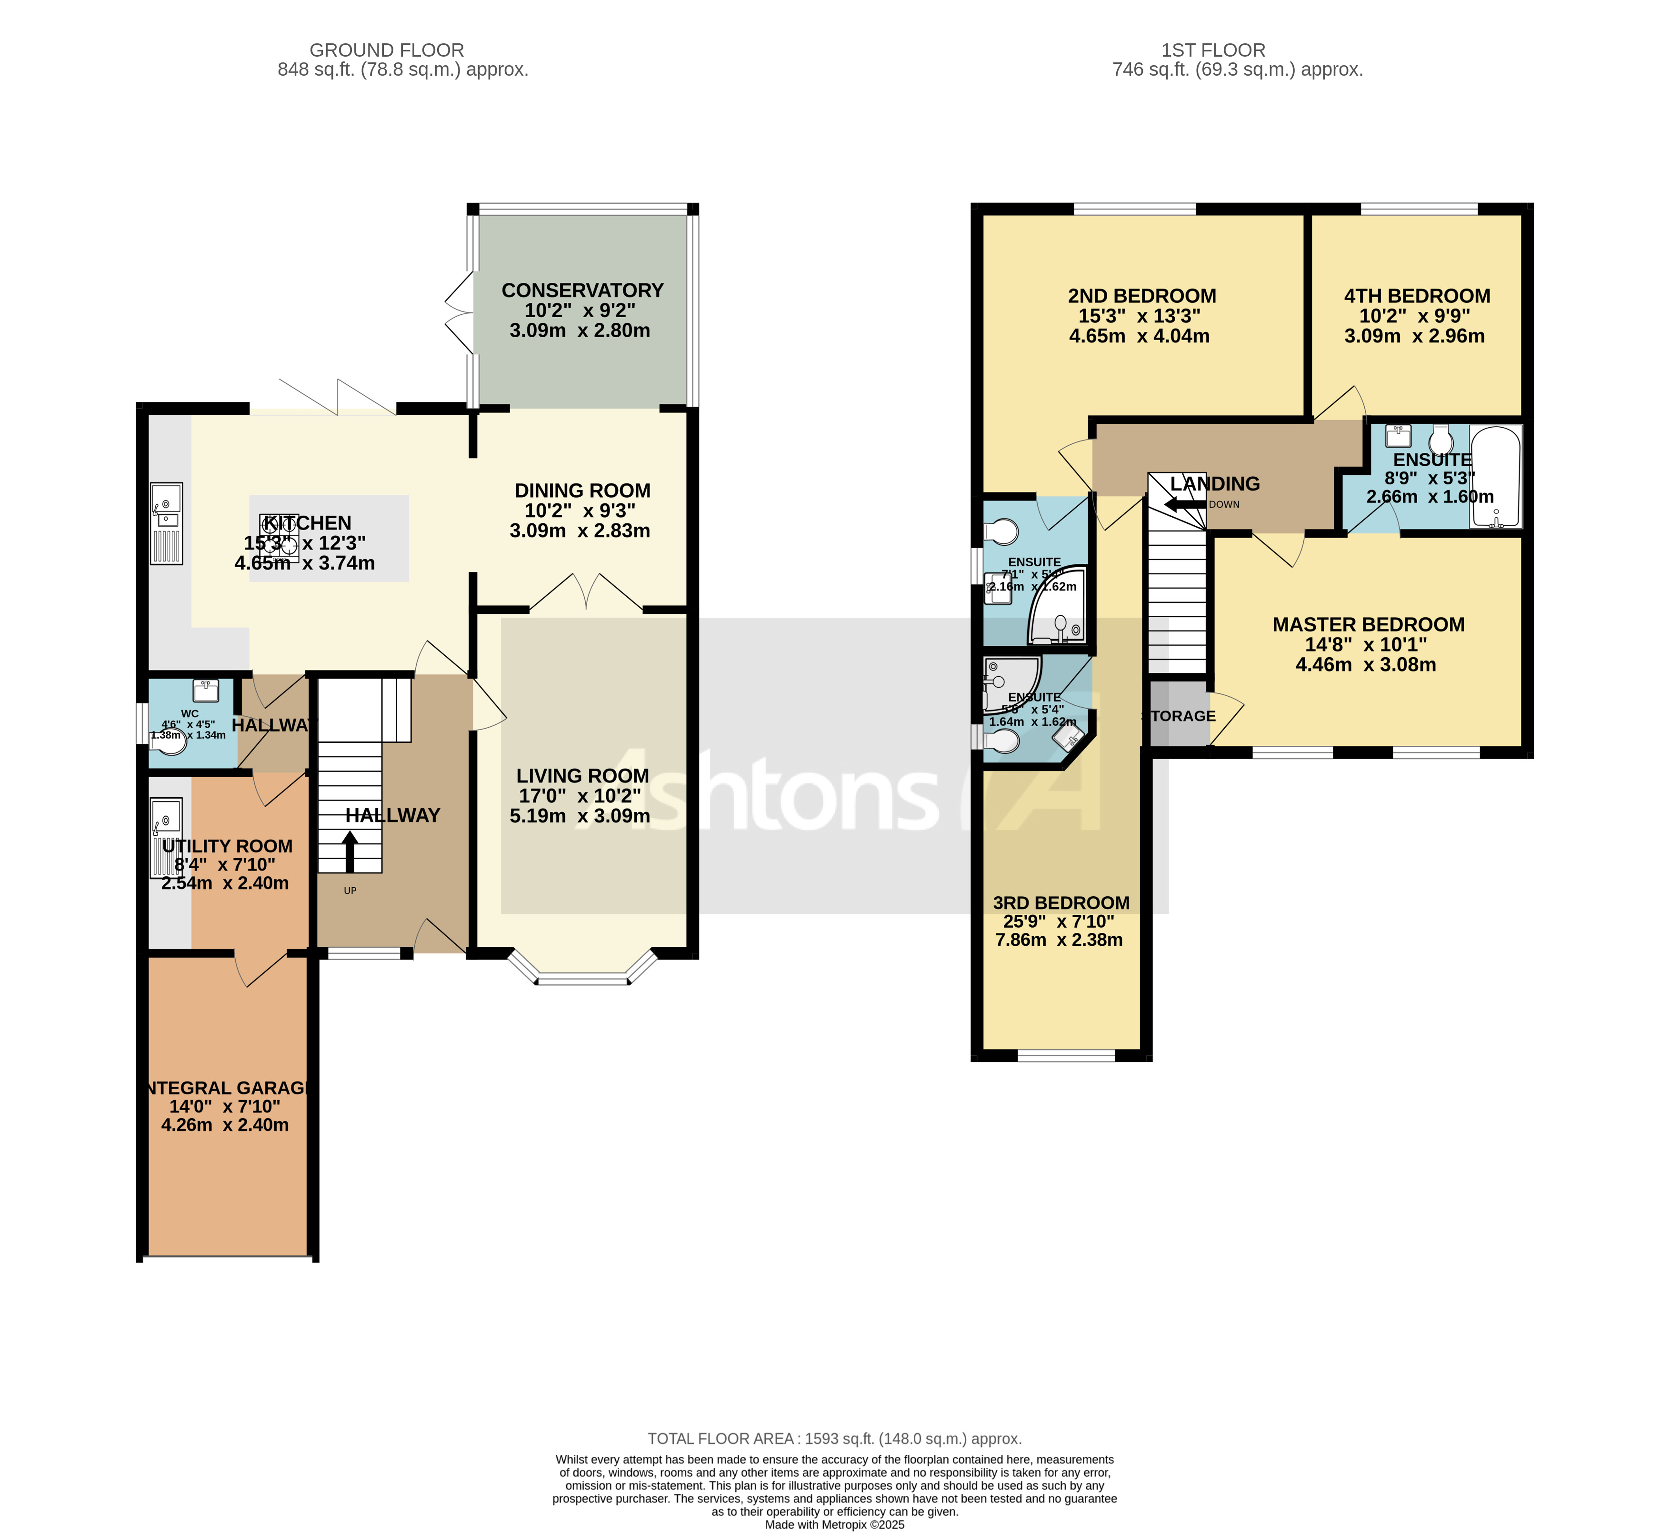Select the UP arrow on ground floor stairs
click(350, 851)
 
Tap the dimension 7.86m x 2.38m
click(1059, 940)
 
